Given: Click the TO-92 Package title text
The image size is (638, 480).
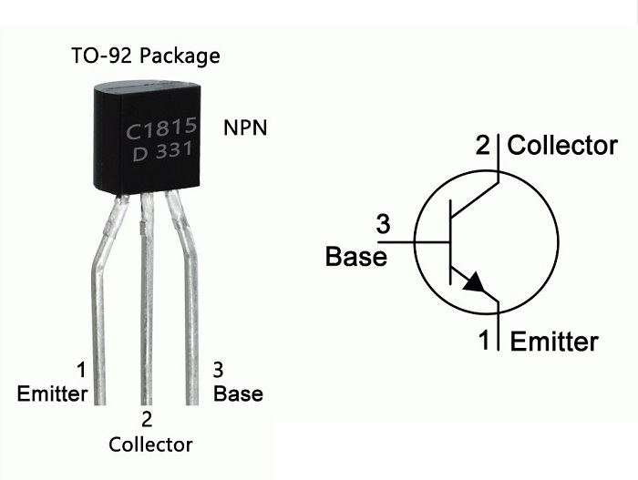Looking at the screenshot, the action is pos(145,56).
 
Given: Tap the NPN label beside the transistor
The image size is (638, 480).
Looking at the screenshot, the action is pos(245,128).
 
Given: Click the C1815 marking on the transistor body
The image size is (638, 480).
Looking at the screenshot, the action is pos(161,128).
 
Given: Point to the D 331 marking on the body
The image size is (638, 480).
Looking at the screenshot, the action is pos(162,152).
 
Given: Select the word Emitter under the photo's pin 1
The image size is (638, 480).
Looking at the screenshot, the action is pos(52,393).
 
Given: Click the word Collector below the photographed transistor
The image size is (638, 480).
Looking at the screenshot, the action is pos(150,444).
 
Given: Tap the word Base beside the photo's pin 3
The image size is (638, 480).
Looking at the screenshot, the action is pos(238,393).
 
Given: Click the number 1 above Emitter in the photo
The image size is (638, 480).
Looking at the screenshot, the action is pos(81,370).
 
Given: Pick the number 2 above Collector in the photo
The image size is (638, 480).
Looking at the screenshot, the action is pos(147,419).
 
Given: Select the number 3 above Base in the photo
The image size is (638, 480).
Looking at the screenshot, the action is pos(218,370).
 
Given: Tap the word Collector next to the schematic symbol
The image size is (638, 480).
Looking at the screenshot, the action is pos(562,145).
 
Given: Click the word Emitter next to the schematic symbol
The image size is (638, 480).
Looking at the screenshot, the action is pos(554,341).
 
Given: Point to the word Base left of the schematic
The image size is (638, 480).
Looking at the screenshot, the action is pos(356,257).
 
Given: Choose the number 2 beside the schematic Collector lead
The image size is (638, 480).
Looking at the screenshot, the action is pos(483,145).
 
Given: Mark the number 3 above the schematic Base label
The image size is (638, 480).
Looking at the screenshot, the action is pos(383,224).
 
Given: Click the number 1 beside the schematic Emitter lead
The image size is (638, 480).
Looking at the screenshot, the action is pos(484,340).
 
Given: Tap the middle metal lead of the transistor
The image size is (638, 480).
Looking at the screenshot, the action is pos(147,299).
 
